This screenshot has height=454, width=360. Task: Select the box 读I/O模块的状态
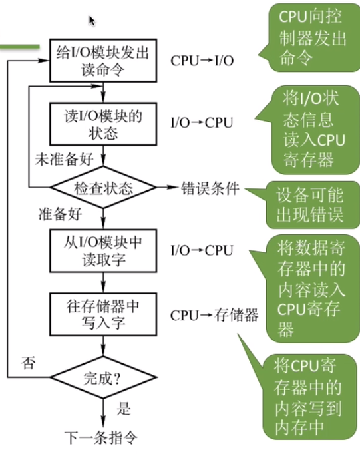(x=102, y=123)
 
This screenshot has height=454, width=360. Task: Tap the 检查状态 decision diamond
(x=102, y=188)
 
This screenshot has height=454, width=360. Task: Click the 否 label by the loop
(x=29, y=363)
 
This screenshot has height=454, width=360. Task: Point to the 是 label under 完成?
(x=123, y=407)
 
